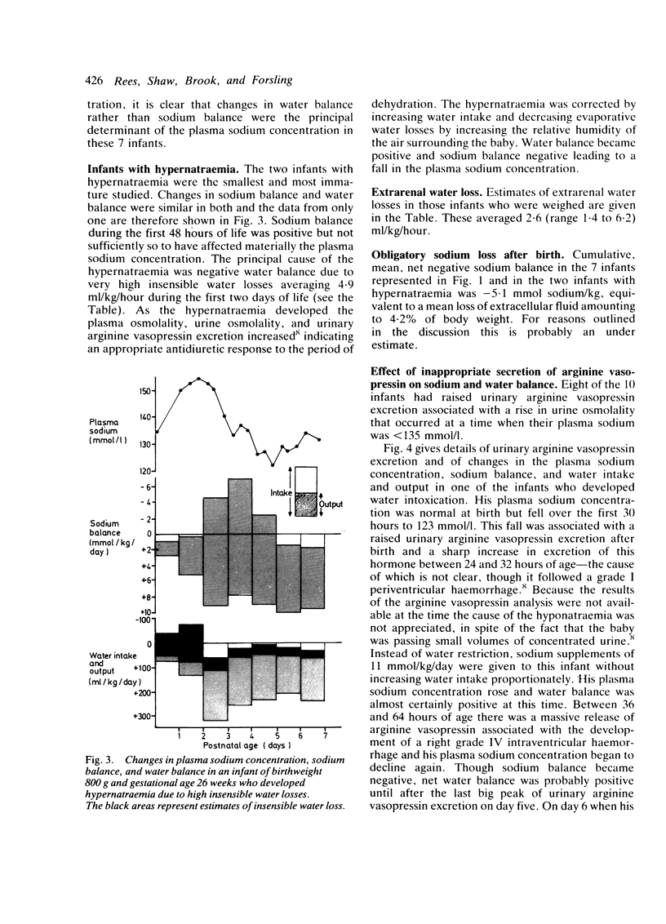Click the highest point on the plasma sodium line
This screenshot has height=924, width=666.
tap(200, 379)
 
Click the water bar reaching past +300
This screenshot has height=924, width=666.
tap(215, 690)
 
